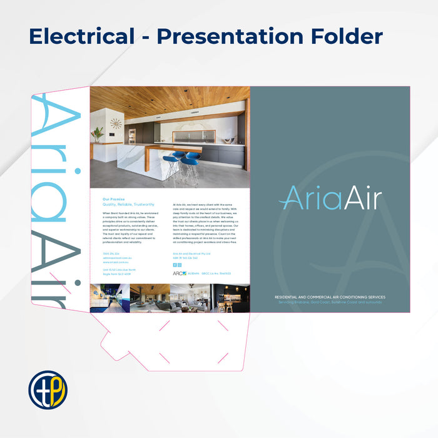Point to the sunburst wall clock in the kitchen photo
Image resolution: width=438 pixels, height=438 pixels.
pos(116,124)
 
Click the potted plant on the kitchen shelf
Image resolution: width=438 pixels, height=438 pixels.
pos(98,134)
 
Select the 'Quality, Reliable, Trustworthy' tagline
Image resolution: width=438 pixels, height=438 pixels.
pos(128,205)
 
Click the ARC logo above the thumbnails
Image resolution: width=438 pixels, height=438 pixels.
pos(179,273)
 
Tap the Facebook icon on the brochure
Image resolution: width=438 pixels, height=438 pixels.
pos(175,265)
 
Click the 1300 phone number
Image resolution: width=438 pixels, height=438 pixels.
pos(111,253)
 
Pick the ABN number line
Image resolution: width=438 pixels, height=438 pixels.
pos(185,257)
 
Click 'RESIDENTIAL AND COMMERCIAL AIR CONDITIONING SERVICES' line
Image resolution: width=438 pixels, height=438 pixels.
pos(330,297)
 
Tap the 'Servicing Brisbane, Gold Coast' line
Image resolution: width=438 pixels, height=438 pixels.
pos(330,302)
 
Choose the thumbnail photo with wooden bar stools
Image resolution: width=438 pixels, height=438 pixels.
pos(230,298)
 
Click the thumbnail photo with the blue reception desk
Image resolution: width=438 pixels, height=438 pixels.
pos(110,298)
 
